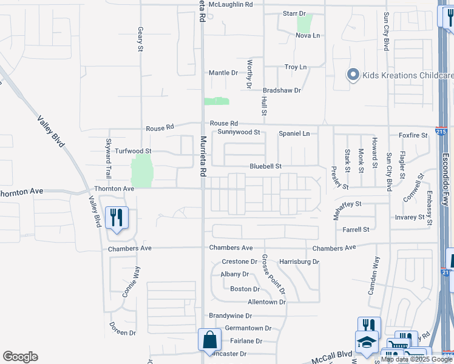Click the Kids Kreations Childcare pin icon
coord(353,75)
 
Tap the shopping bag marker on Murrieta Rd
coord(208,340)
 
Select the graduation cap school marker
coord(366,343)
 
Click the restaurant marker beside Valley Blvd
coord(117,217)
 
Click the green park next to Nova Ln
coord(304,24)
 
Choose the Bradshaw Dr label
coord(285,90)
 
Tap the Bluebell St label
coord(266,166)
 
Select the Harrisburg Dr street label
coord(299,261)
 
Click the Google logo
coord(20,356)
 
